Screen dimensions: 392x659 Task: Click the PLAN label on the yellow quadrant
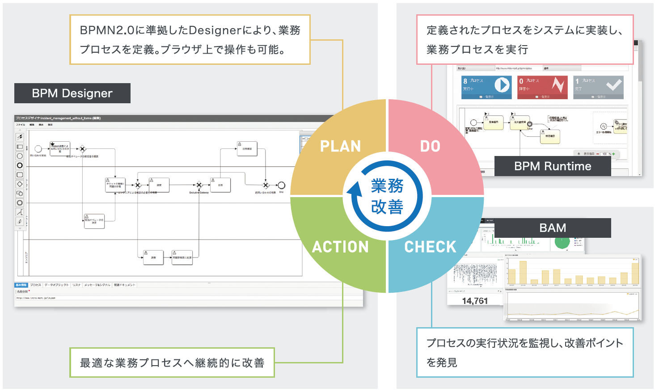tap(340, 146)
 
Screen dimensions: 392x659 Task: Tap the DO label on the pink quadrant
tap(430, 146)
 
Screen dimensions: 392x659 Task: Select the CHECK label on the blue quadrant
tap(430, 247)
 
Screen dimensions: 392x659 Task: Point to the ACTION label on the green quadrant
tap(340, 247)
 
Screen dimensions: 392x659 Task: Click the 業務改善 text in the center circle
tap(387, 196)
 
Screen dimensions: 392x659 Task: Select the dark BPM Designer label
tap(72, 93)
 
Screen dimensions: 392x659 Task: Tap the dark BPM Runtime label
tap(553, 166)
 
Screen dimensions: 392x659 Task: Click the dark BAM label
tap(553, 228)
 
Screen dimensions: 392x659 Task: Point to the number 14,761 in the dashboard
tap(475, 301)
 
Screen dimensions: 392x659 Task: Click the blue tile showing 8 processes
tap(486, 87)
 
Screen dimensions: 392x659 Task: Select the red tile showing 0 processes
tap(542, 87)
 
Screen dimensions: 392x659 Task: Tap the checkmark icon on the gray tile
tap(613, 84)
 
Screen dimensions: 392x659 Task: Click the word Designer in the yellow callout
tap(215, 30)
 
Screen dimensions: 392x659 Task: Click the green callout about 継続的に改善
tap(172, 362)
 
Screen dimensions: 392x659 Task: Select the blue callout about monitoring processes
tap(524, 352)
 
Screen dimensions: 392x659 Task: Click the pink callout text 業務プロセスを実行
tap(477, 50)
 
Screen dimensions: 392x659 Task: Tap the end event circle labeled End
tap(281, 185)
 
